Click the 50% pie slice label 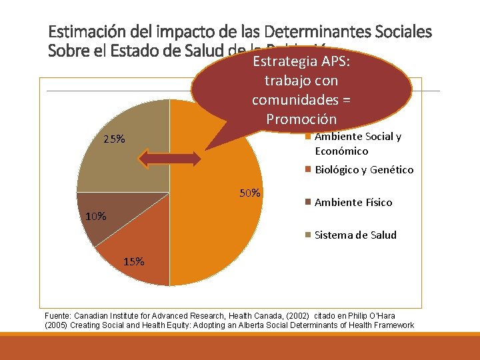250,193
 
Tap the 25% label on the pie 114,139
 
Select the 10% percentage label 95,216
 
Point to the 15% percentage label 133,261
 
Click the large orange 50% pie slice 220,233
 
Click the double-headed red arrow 169,158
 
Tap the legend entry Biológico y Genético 364,169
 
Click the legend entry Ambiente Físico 353,202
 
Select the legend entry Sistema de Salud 355,235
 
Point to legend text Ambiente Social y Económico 357,143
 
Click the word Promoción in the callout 301,119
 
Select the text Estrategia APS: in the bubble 301,62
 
